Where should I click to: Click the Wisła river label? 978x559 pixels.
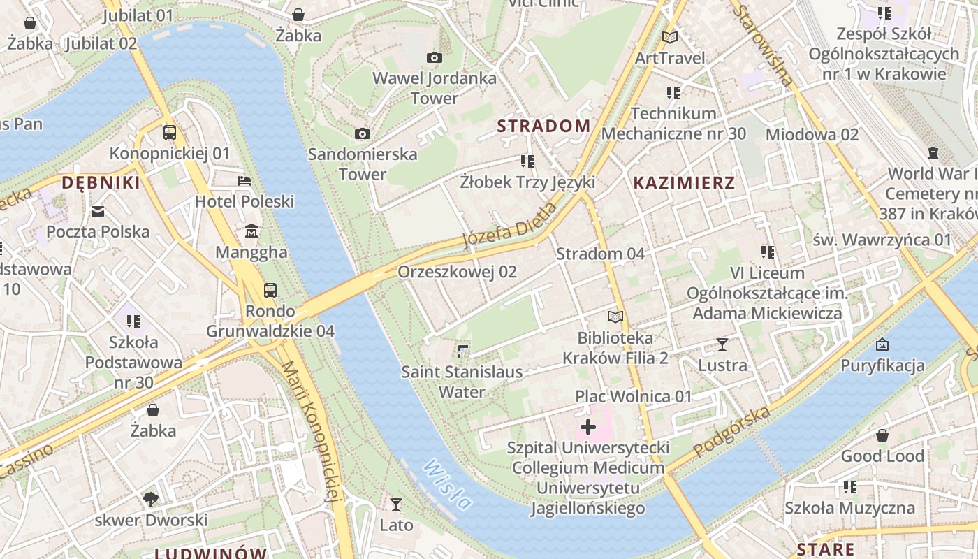[x=447, y=484]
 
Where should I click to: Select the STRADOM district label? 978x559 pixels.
[x=543, y=126]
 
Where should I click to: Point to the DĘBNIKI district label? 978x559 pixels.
[x=101, y=183]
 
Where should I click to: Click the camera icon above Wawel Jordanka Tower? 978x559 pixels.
[x=434, y=57]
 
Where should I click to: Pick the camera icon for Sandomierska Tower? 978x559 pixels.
[x=362, y=133]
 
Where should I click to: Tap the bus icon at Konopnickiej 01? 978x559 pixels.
[x=169, y=132]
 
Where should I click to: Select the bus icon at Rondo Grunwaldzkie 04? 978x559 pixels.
[x=270, y=290]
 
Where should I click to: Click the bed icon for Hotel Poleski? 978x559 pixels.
[x=244, y=181]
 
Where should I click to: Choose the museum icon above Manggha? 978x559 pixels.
[x=251, y=231]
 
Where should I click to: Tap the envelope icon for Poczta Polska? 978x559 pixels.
[x=98, y=211]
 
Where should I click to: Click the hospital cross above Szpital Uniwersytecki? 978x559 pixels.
[x=587, y=426]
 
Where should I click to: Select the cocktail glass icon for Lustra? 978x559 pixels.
[x=722, y=344]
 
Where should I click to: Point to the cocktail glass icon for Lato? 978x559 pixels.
[x=396, y=504]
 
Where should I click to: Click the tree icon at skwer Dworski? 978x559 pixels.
[x=151, y=499]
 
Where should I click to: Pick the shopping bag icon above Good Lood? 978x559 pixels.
[x=882, y=435]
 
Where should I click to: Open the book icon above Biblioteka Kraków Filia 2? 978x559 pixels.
[x=615, y=317]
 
